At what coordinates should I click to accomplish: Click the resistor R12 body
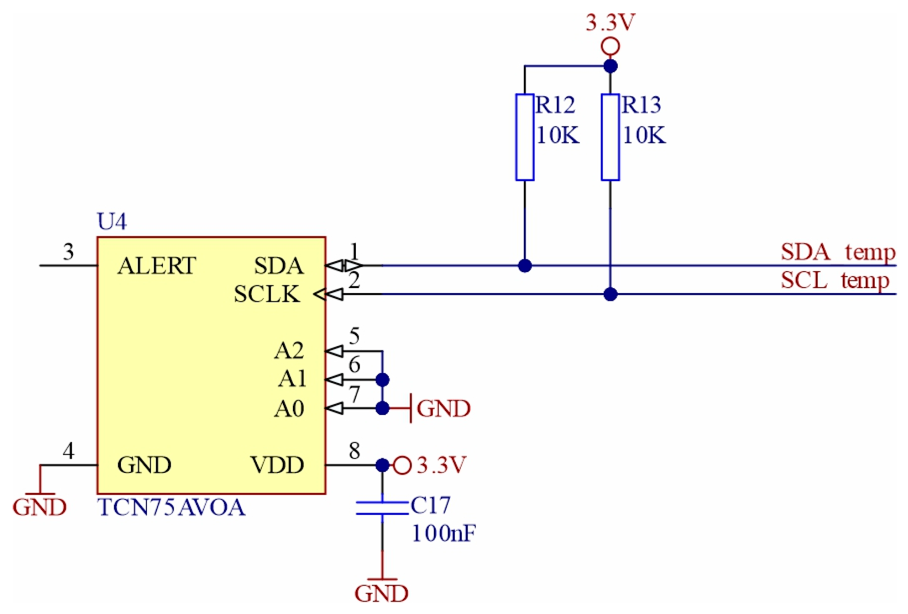pos(524,137)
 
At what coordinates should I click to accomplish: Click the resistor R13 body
pos(610,137)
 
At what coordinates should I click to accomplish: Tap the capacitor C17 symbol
pos(382,508)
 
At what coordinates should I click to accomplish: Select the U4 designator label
pos(111,222)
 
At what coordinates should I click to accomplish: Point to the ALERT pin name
pos(157,266)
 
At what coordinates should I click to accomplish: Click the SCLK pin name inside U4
pos(267,294)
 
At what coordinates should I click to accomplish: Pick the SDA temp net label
pos(838,252)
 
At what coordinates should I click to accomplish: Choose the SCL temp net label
pos(835,280)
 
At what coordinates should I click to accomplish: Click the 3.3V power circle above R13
pos(610,46)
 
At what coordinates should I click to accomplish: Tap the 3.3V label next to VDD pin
pos(441,465)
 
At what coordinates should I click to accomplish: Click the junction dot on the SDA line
pos(525,265)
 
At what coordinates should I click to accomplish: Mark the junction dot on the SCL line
pos(610,294)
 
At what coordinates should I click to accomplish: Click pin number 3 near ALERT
pos(68,252)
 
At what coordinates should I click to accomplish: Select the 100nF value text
pos(444,533)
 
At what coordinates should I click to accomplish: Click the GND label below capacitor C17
pos(381,593)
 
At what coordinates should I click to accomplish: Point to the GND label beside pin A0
pos(443,408)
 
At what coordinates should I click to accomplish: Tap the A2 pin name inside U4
pos(289,351)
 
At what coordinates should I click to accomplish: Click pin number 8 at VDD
pos(354,451)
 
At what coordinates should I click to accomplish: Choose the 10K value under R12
pos(557,135)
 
